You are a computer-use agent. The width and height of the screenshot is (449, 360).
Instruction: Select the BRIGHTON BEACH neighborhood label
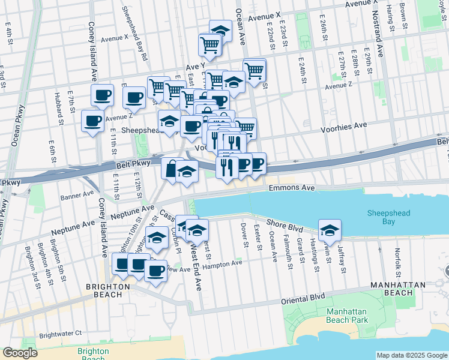[107, 286]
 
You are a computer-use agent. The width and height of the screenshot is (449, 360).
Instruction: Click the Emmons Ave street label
[292, 188]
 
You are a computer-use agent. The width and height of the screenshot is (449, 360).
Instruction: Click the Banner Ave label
[77, 194]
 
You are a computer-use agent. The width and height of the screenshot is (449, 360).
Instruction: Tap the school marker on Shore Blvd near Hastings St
[330, 230]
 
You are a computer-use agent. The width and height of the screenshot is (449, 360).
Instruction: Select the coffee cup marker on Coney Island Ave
[102, 95]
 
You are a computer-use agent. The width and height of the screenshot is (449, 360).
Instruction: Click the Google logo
[20, 353]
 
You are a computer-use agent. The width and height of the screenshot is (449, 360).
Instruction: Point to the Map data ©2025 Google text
[411, 355]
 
